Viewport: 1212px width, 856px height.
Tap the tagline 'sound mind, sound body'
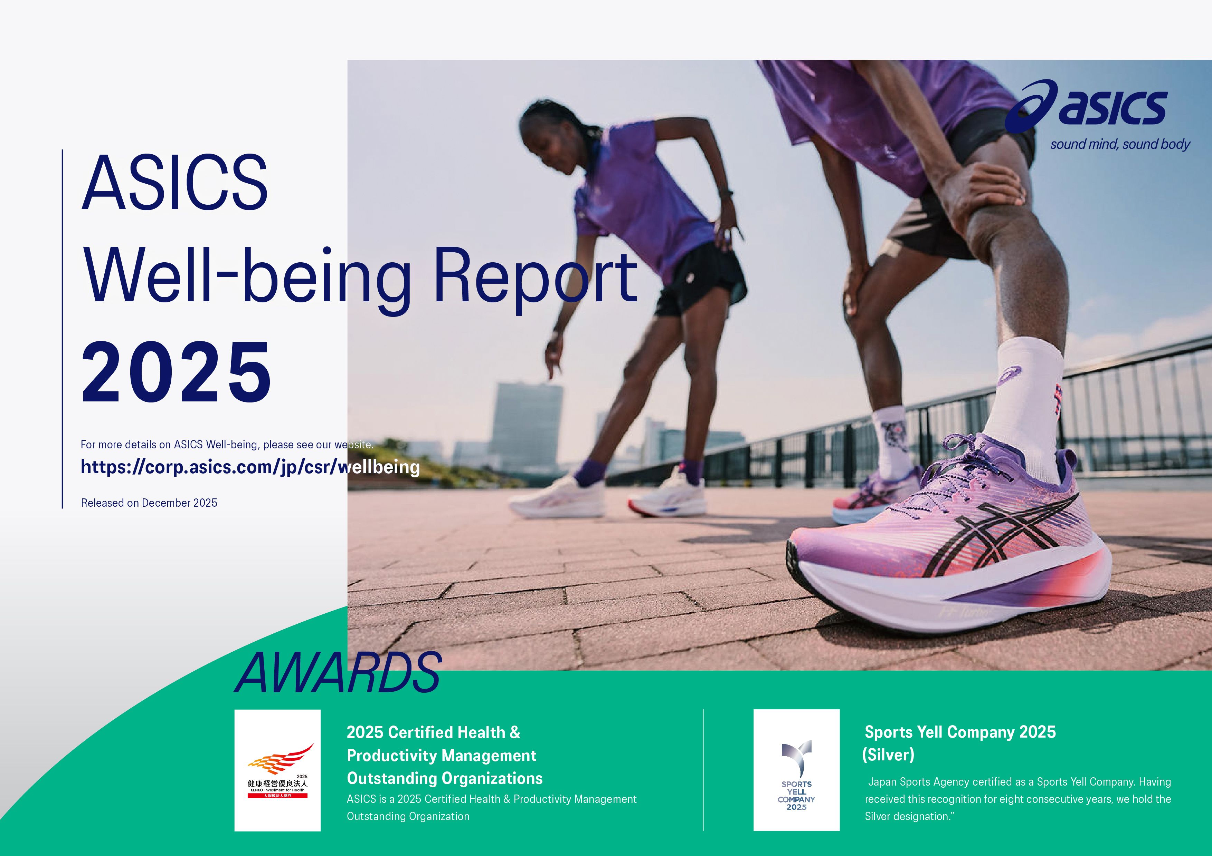coord(1120,145)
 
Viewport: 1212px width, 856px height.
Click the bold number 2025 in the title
coord(176,373)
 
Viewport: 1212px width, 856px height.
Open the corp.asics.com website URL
coord(250,467)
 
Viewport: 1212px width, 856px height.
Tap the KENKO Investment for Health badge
coord(278,770)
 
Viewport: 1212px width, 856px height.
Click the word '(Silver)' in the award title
coord(888,755)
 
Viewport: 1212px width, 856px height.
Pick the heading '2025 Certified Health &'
coord(433,732)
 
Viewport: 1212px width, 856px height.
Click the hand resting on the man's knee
coord(982,190)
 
